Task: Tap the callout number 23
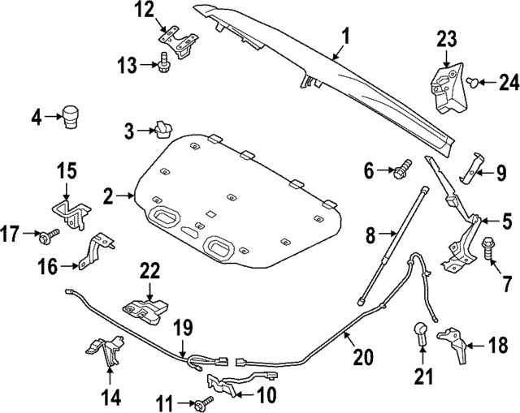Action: click(x=448, y=38)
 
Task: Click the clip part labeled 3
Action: click(x=162, y=129)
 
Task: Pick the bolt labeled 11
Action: click(x=201, y=403)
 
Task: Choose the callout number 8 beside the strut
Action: click(x=371, y=236)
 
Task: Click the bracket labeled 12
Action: click(x=176, y=38)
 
